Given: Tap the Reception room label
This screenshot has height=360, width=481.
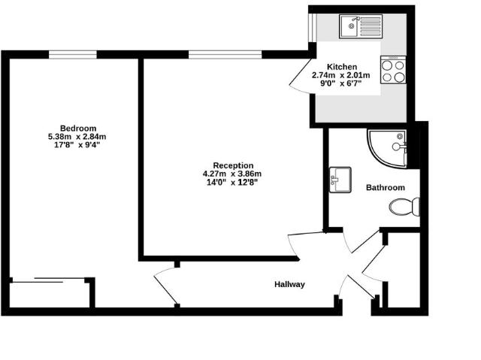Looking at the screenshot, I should pos(232,165).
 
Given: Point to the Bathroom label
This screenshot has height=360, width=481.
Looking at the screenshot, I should pos(385,188).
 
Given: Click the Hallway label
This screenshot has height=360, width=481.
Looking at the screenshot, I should pos(289,284).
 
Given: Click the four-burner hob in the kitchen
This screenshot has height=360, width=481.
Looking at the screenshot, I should pos(394,70).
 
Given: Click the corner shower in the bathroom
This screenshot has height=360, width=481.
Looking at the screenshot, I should pos(389,147).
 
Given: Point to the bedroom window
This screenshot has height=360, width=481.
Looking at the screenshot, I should pos(73,54).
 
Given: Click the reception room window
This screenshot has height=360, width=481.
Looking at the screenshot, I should pos(225,54).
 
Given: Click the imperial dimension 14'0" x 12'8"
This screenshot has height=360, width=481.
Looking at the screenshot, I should pos(232,183).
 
